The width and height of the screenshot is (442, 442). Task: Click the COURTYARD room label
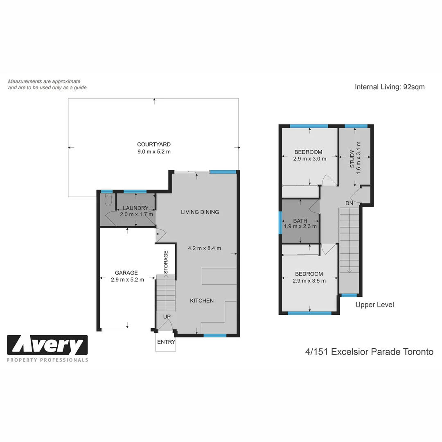[x=153, y=144]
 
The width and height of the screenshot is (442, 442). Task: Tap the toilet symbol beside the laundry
[x=108, y=200]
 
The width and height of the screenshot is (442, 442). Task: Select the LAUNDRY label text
[x=135, y=208]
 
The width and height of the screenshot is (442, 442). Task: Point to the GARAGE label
[x=126, y=273]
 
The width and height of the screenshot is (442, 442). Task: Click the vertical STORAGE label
[x=166, y=262]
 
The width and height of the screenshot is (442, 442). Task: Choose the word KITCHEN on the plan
[x=202, y=300]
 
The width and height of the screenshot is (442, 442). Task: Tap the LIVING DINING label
[x=200, y=212]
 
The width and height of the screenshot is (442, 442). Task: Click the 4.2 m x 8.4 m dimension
[x=204, y=248]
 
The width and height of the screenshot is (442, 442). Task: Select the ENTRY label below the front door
[x=166, y=342]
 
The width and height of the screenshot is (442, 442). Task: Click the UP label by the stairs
[x=167, y=317]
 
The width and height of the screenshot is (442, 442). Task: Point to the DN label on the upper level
[x=349, y=203]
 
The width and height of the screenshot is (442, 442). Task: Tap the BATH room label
[x=300, y=221]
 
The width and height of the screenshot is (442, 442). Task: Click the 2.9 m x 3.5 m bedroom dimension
[x=309, y=281]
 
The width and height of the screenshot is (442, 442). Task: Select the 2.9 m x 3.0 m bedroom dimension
[x=309, y=159]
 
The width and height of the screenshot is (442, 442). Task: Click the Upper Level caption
[x=374, y=304]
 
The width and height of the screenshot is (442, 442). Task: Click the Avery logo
[x=47, y=345]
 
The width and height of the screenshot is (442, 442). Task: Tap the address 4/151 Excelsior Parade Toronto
[x=369, y=352]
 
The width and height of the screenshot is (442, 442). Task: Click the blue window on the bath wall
[x=280, y=223]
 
